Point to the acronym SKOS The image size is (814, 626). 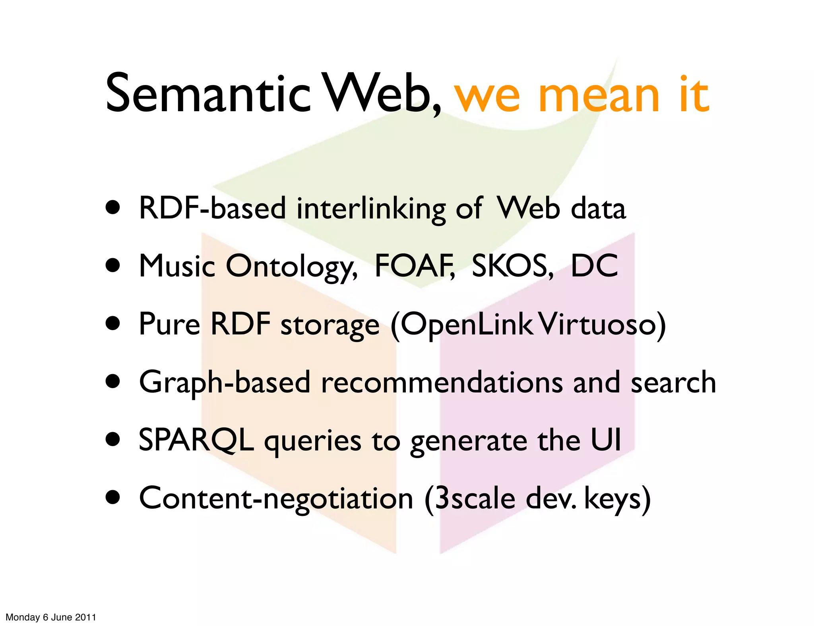pos(512,266)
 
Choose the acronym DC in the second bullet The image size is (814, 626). pos(594,266)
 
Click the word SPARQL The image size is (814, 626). pos(196,440)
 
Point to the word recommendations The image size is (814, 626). pos(442,382)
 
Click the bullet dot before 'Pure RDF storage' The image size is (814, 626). pos(113,323)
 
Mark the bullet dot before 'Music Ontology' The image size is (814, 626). pos(113,265)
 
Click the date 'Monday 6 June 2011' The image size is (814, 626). pos(51,617)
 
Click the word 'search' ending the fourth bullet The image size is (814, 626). pos(673,382)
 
